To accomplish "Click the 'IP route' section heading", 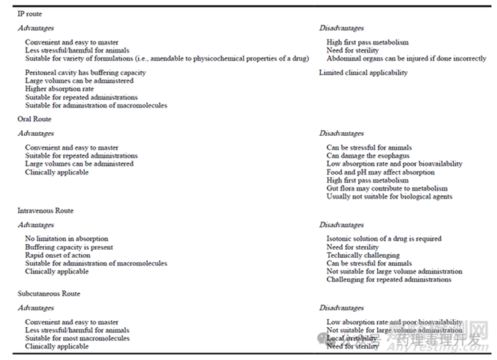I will (31, 14).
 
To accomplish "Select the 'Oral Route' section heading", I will (36, 118).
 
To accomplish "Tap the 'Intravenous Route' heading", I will (45, 210).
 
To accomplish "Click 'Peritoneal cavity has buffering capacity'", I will (86, 73).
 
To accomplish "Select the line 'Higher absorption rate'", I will (59, 89).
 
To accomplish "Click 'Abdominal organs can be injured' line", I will (406, 58).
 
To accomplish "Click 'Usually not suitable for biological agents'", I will (390, 196).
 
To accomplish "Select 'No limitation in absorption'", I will (67, 239).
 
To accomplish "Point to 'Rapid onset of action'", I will (58, 255).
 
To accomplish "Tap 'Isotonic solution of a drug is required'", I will (384, 239).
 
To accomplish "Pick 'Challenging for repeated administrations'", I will (389, 279).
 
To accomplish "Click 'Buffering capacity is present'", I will (69, 247).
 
